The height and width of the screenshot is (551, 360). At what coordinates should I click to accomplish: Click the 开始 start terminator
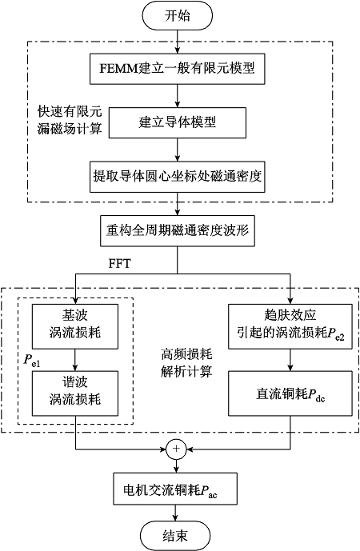pos(177,16)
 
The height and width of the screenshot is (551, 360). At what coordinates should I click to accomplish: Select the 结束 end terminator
pos(175,536)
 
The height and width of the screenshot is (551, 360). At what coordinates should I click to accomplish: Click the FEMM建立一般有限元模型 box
pos(177,69)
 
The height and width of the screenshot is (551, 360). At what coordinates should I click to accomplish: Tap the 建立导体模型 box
pos(177,122)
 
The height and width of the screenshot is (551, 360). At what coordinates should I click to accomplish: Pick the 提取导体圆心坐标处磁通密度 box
pos(177,177)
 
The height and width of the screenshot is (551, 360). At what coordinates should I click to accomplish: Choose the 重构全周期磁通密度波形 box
pos(178,231)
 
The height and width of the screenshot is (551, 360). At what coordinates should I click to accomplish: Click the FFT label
pos(119,263)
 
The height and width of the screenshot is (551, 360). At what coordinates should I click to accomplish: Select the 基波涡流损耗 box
pos(75,326)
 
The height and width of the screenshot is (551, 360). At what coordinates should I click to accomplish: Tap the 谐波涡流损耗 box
pos(75,393)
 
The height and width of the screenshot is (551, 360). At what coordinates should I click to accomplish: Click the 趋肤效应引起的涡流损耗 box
pos(290,326)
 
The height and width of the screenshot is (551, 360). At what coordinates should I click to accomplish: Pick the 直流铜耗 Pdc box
pos(290,393)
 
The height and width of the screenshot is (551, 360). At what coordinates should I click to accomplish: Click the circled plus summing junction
pos(176,449)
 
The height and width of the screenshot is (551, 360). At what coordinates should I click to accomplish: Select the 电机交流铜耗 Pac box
pos(175,489)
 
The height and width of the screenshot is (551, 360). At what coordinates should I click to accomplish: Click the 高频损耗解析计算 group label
pos(186,362)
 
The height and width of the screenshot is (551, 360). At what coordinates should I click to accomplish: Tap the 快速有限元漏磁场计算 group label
pos(70,120)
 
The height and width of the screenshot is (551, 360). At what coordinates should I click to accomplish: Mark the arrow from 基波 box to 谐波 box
pos(75,360)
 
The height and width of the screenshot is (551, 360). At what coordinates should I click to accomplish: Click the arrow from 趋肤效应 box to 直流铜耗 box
pos(290,360)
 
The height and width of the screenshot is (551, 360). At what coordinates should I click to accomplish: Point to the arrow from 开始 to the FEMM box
pos(177,42)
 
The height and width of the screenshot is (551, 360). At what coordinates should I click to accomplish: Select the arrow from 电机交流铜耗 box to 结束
pos(175,513)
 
